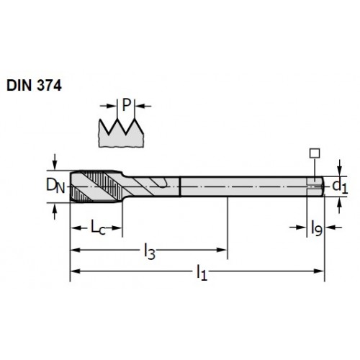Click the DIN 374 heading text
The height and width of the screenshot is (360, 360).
[x=34, y=86]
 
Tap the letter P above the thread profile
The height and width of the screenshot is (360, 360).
[x=127, y=105]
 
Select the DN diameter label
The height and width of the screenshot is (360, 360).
[x=55, y=186]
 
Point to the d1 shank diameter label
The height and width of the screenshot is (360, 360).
[x=340, y=186]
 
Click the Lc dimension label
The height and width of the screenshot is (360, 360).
[x=98, y=228]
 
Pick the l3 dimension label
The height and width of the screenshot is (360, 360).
[x=150, y=251]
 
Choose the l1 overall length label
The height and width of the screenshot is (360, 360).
[x=202, y=273]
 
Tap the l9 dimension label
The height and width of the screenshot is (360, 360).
[x=317, y=228]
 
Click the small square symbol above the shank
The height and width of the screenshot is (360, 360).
[x=315, y=153]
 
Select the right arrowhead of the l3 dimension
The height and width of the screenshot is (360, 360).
[x=222, y=250]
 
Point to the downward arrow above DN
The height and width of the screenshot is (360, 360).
[x=55, y=162]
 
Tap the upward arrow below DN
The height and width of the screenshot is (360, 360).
[x=55, y=211]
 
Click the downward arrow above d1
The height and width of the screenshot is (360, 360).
[x=339, y=168]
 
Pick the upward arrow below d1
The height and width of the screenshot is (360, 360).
[x=339, y=205]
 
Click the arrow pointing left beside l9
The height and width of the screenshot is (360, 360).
[x=333, y=227]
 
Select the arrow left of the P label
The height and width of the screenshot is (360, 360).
[x=108, y=106]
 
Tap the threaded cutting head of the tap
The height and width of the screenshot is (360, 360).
[x=96, y=186]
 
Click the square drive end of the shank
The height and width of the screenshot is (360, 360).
[x=315, y=186]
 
